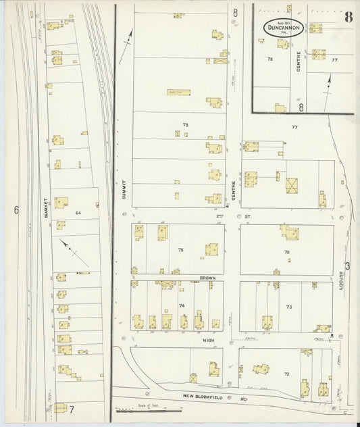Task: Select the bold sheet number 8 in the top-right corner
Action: coord(348,17)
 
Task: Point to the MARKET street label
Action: coord(46,207)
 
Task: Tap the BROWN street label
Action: coord(207,277)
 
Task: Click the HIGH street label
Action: coord(209,341)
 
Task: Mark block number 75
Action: coord(180,250)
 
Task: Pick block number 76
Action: coord(287,252)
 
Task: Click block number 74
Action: coord(182,306)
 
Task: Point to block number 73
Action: coord(289,307)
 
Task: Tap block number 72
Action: coord(286,374)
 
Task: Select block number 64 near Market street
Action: coord(78,213)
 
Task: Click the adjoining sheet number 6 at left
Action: coord(16,210)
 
